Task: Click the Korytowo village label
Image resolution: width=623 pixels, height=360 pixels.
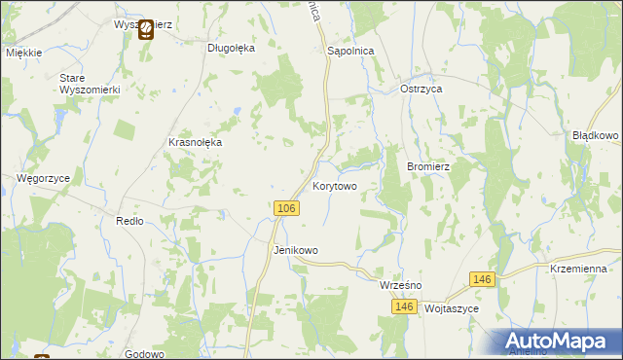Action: [334, 185]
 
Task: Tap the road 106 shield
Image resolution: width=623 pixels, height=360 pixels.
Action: [285, 209]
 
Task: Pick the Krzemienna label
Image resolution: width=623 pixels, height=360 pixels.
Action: [578, 269]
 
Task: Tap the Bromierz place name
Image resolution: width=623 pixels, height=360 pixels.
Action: [427, 166]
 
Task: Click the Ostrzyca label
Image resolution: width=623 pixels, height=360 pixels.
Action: [421, 89]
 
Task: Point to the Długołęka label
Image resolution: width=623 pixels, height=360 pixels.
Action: [231, 47]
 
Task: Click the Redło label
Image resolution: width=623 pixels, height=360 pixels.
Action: [129, 221]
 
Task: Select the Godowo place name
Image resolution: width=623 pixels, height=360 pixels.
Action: [144, 355]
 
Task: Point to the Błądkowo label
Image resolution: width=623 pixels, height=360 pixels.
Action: [596, 136]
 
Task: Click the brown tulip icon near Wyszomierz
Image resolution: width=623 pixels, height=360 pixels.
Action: [145, 31]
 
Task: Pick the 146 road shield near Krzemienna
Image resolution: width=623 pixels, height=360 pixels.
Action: [481, 279]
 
